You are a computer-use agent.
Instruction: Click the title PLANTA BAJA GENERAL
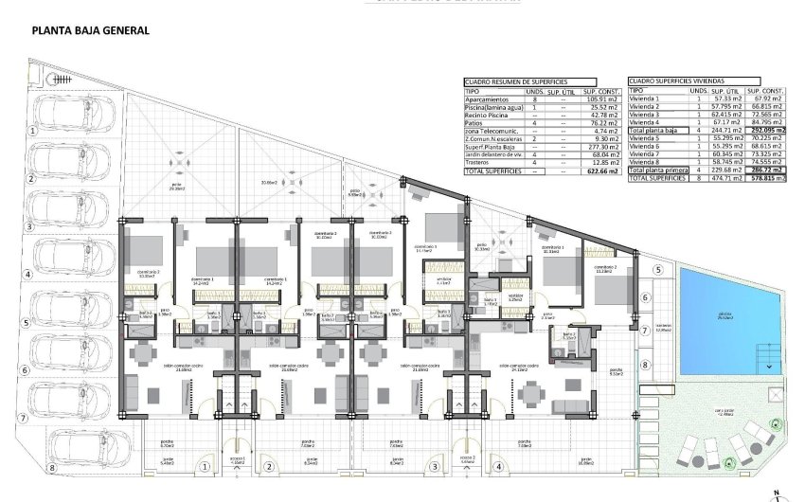[x=90, y=30]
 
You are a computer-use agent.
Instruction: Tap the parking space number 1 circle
[x=31, y=131]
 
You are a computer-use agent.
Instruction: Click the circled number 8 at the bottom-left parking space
[x=53, y=467]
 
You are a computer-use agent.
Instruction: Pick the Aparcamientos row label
[x=487, y=99]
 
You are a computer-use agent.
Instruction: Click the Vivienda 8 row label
[x=648, y=162]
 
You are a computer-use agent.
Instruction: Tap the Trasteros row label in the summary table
[x=480, y=162]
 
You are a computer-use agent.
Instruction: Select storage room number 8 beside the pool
[x=645, y=364]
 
